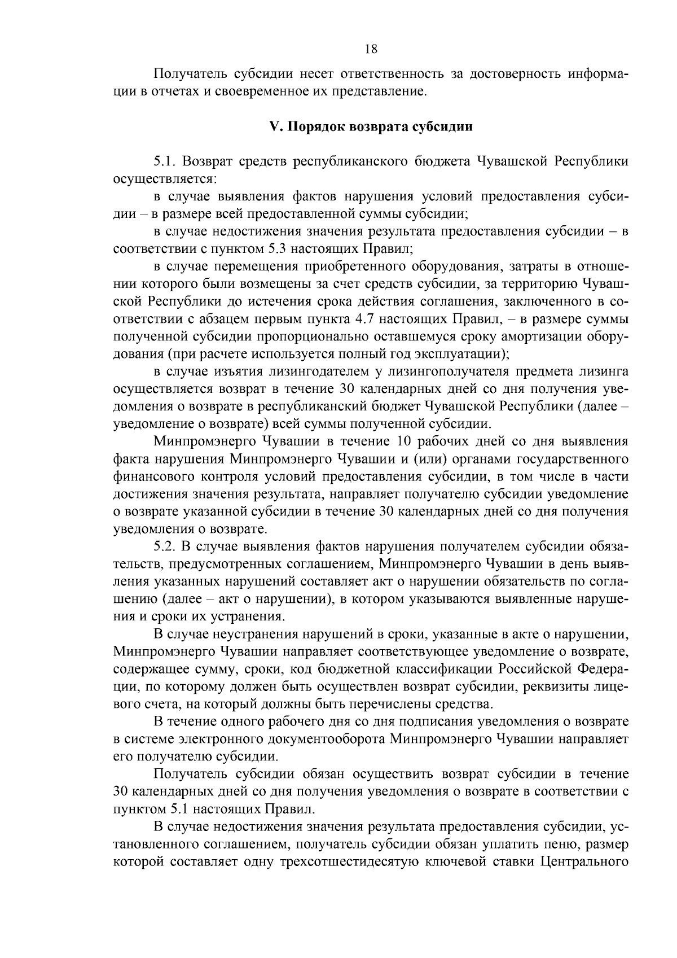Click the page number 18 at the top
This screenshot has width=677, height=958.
pos(371,49)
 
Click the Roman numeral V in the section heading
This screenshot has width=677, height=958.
pos(274,126)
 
